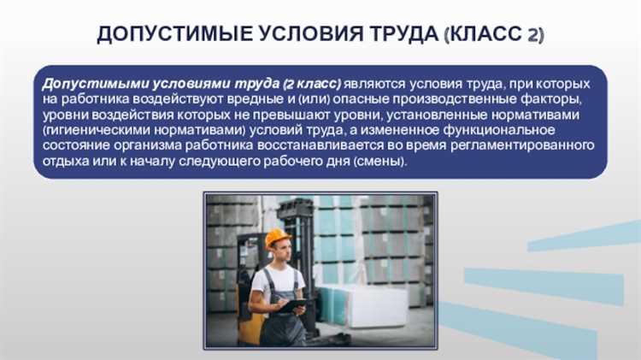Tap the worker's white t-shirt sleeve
[258, 281]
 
